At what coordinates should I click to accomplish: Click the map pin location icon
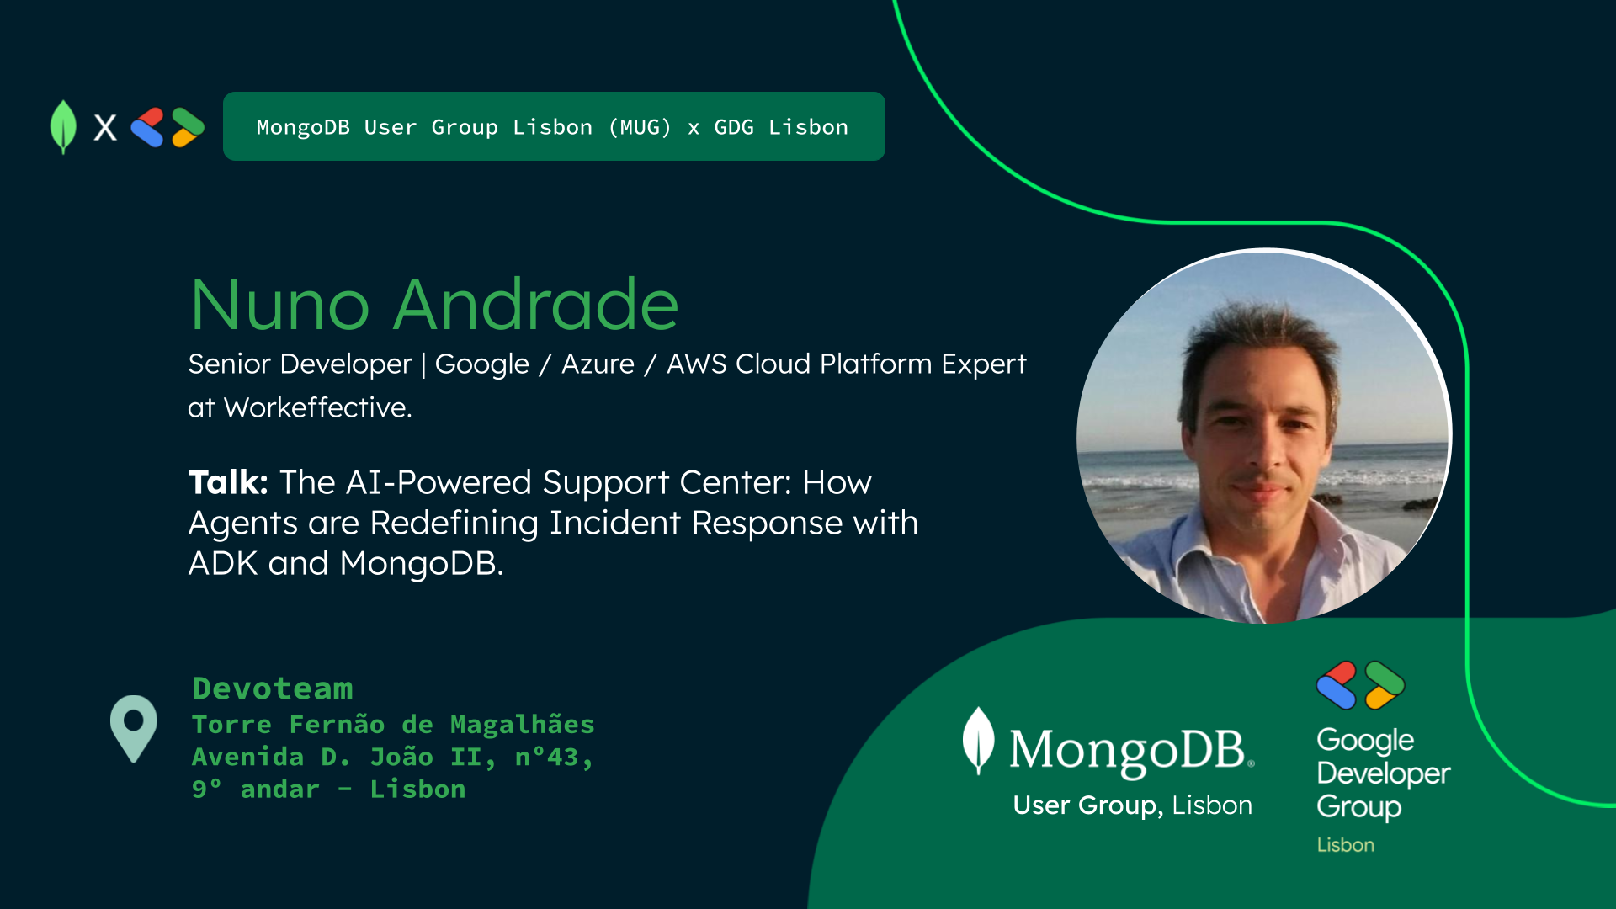coord(134,728)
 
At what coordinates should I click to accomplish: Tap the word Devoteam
coord(273,688)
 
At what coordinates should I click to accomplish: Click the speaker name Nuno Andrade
coord(434,304)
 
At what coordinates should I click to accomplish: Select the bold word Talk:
coord(228,482)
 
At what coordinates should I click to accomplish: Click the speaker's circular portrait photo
coord(1264,436)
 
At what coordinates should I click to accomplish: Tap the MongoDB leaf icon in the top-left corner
coord(63,127)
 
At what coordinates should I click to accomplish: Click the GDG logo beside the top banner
coord(167,127)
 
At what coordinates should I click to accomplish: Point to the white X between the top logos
coord(105,127)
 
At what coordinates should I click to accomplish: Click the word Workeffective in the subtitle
coord(316,407)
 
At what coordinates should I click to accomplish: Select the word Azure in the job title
coord(598,364)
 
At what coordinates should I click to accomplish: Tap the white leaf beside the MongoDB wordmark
coord(979,740)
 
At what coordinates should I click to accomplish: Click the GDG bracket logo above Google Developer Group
coord(1361,685)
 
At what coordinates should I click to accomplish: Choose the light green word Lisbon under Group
coord(1346,845)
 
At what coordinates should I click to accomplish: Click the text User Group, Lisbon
coord(1132,805)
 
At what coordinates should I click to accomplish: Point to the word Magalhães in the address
coord(522,724)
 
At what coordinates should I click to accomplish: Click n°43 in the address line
coord(554,757)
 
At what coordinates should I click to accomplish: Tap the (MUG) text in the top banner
coord(640,127)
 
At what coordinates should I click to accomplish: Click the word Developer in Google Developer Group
coord(1384,773)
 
